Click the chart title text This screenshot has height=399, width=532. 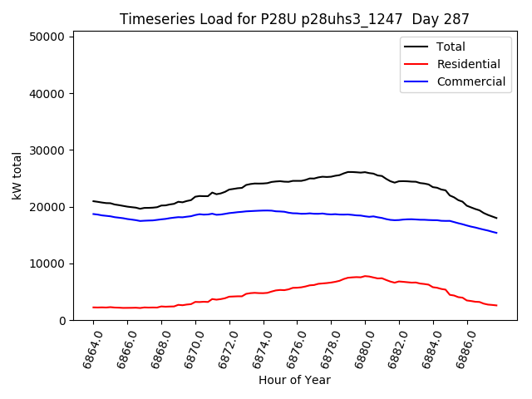[x=294, y=19]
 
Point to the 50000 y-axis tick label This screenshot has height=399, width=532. [x=47, y=37]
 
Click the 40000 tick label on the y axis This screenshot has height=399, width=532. [x=47, y=93]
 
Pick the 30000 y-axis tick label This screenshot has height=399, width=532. [x=47, y=150]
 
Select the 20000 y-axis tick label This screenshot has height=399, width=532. [x=47, y=207]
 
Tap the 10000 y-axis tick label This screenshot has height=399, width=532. [x=47, y=264]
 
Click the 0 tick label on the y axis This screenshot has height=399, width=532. [x=63, y=321]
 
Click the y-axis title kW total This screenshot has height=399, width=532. [x=17, y=175]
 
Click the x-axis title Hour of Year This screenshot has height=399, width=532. [x=294, y=381]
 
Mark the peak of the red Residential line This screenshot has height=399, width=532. [x=365, y=276]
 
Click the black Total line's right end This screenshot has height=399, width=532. [x=496, y=218]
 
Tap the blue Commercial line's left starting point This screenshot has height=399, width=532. [x=93, y=214]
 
